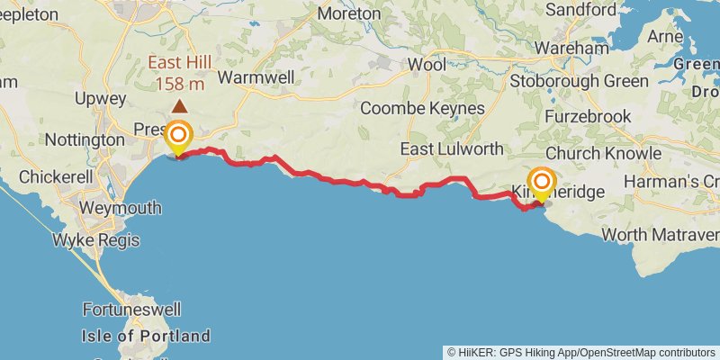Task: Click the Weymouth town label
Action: tap(120, 208)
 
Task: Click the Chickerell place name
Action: tap(56, 176)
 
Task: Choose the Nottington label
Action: tap(84, 140)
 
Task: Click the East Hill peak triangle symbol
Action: tap(179, 106)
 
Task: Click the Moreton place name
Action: tap(349, 14)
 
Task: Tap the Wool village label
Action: tap(427, 65)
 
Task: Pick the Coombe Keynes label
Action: tap(423, 108)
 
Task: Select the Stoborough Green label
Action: tap(579, 81)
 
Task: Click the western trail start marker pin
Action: tap(179, 137)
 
